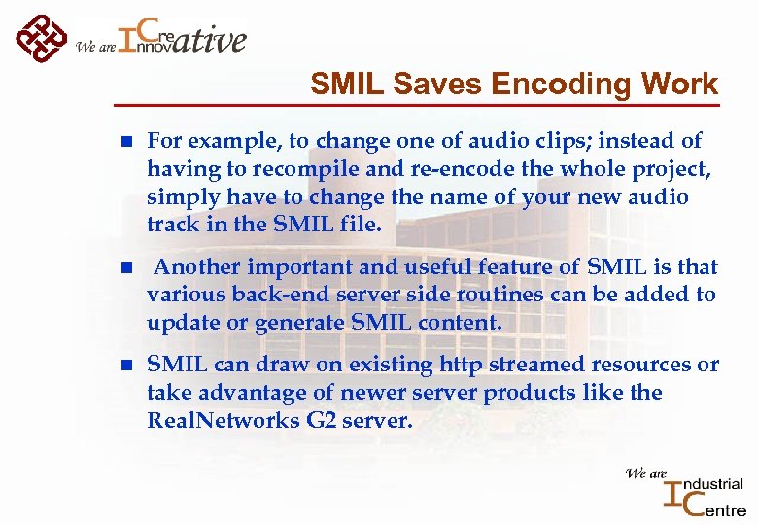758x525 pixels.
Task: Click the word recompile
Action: click(x=289, y=169)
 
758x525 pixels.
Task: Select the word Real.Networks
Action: click(x=224, y=421)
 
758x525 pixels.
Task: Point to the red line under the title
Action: click(x=418, y=103)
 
